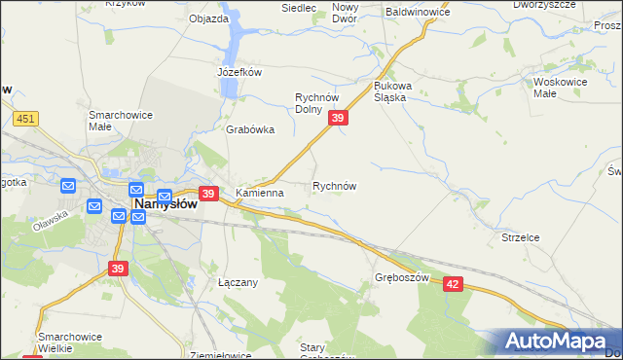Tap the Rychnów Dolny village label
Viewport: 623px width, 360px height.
(315, 102)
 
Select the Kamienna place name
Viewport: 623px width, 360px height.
(259, 193)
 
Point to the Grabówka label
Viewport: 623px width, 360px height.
(250, 129)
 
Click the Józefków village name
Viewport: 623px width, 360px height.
(240, 72)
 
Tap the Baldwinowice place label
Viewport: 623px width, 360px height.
(418, 12)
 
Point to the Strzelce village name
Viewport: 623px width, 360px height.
(520, 237)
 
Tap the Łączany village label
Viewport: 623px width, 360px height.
(237, 282)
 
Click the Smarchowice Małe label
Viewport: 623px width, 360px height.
(114, 120)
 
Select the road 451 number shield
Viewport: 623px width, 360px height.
(25, 119)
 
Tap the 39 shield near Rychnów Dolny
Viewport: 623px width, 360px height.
(337, 118)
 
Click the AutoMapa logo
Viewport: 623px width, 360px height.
(556, 342)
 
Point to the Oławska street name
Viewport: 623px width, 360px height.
(51, 215)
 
